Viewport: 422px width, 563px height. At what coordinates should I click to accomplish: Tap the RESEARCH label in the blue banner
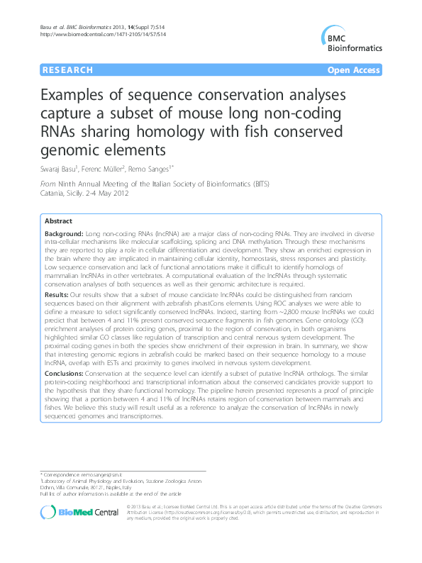[67, 70]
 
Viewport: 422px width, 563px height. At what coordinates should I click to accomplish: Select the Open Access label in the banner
[353, 70]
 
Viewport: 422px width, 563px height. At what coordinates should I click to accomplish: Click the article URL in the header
[104, 34]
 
